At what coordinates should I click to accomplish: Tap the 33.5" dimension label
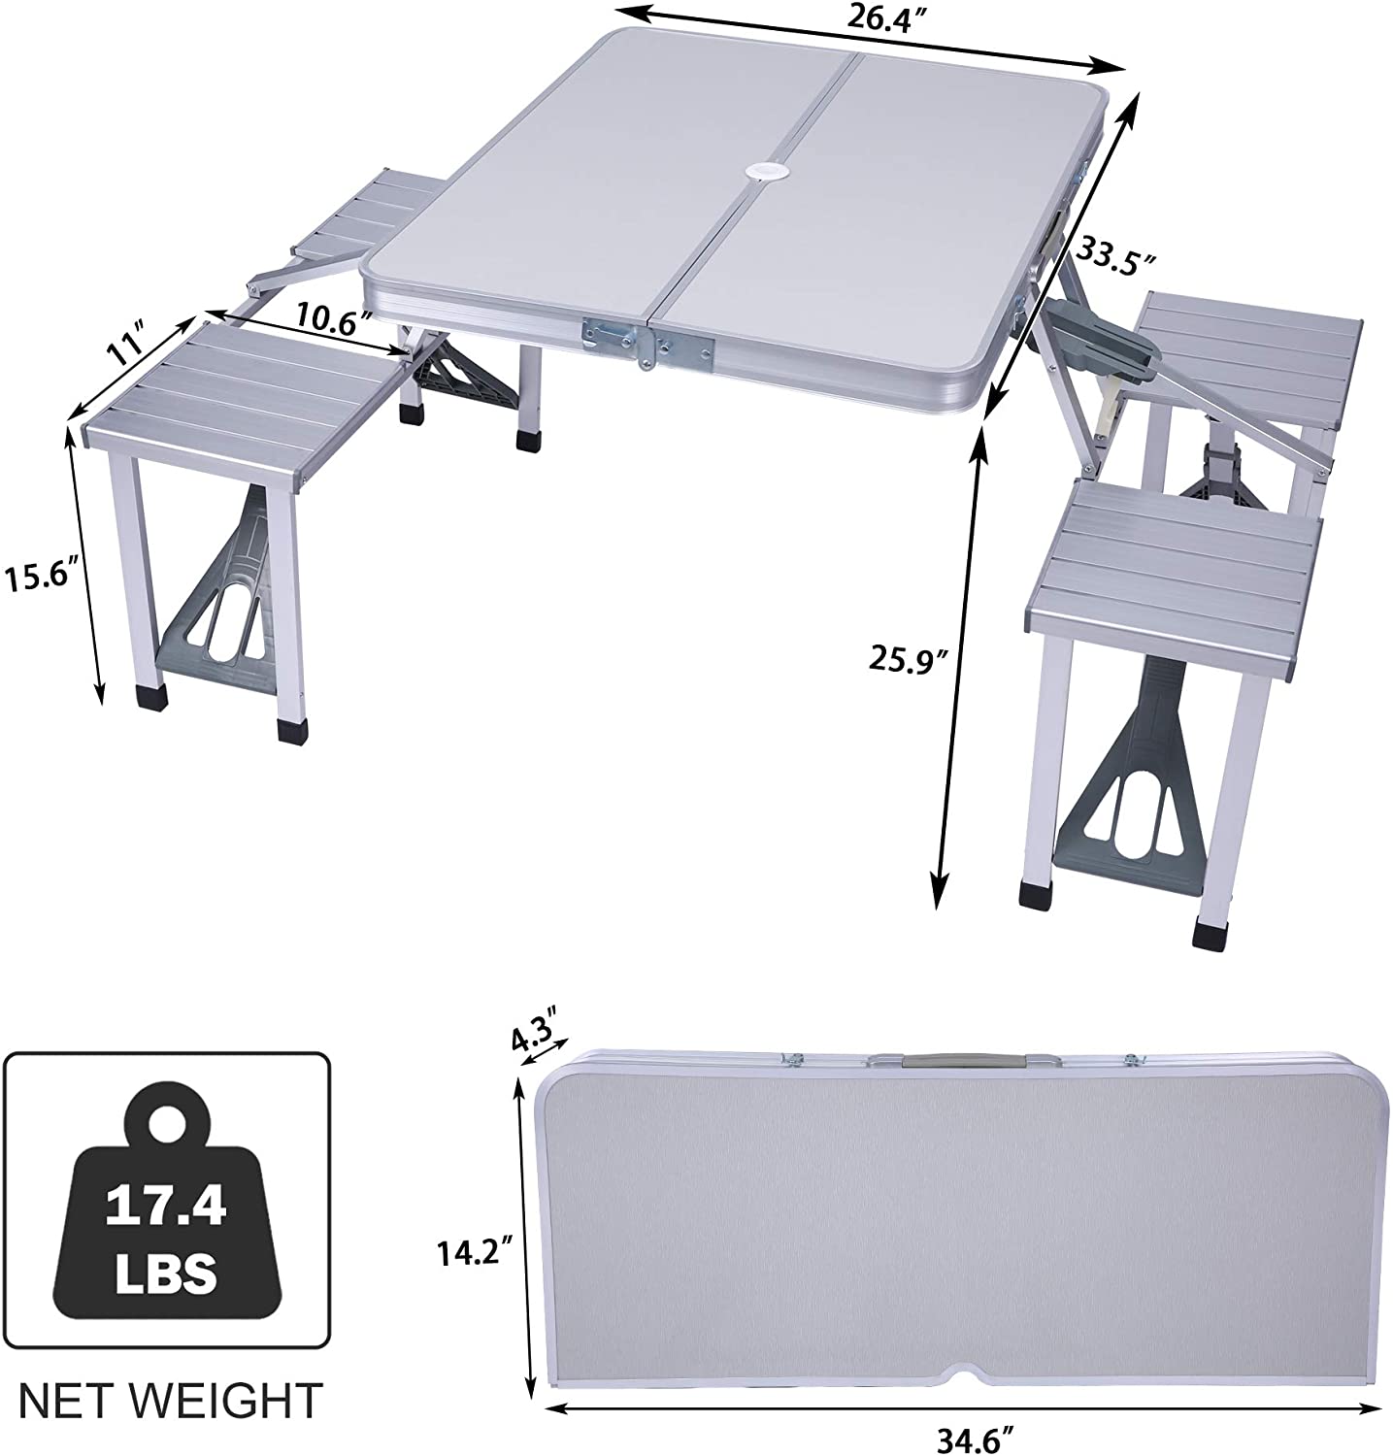click(x=1116, y=258)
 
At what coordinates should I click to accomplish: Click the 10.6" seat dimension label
click(x=334, y=317)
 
